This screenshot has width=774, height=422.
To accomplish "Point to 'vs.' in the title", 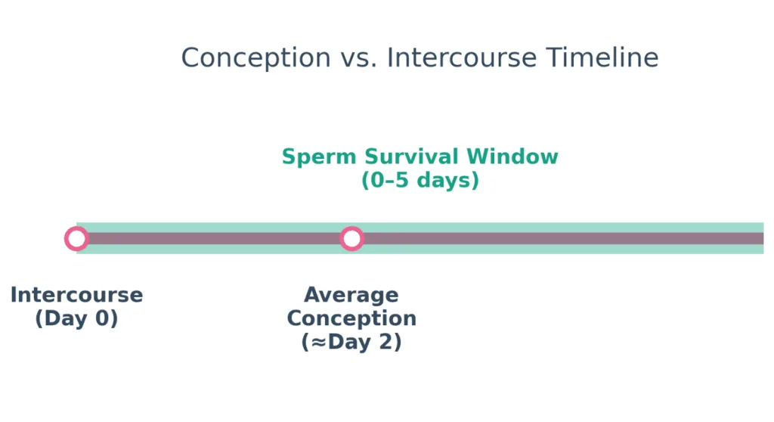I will pyautogui.click(x=358, y=58).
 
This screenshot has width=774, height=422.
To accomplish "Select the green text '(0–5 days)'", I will pyautogui.click(x=420, y=181).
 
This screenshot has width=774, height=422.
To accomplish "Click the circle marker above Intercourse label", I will pyautogui.click(x=76, y=239).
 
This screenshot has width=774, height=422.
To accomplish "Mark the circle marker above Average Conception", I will pyautogui.click(x=351, y=239).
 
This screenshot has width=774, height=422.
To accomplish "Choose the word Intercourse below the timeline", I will pyautogui.click(x=76, y=295).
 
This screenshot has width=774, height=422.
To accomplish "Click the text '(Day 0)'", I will pyautogui.click(x=76, y=318).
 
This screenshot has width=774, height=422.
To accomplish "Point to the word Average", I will pyautogui.click(x=351, y=295).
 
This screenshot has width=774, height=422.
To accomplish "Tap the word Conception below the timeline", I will pyautogui.click(x=351, y=318).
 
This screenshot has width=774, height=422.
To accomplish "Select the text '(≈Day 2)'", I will pyautogui.click(x=351, y=342).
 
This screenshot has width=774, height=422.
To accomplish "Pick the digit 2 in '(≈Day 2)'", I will pyautogui.click(x=386, y=342).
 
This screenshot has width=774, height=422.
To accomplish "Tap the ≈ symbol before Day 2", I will pyautogui.click(x=317, y=342).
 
